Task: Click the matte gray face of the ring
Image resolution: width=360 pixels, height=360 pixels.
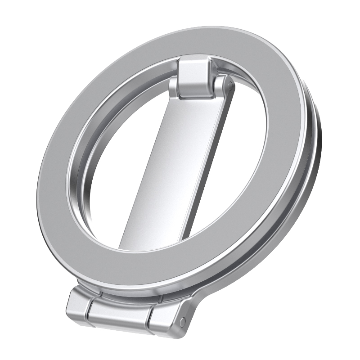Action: click(x=67, y=180)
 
